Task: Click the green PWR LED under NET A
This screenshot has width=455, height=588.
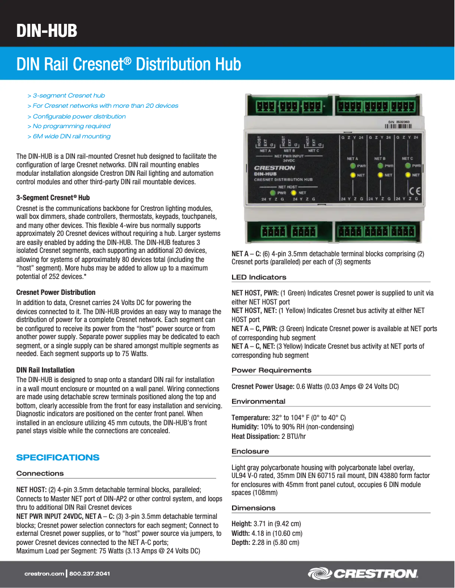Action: click(352, 166)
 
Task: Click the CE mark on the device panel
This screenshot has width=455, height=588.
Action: click(415, 190)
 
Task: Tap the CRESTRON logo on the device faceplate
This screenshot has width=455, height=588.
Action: click(274, 168)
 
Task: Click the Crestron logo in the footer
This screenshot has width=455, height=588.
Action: click(363, 574)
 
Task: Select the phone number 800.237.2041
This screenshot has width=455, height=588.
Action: click(90, 574)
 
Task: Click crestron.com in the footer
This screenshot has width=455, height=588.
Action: click(44, 574)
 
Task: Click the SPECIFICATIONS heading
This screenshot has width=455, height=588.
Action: click(58, 458)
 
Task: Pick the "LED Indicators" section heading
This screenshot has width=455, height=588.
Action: click(259, 277)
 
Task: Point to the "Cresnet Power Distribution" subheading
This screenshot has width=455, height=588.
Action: click(56, 293)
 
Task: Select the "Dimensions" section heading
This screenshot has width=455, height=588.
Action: click(254, 508)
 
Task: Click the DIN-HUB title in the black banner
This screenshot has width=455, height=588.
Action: click(47, 31)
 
